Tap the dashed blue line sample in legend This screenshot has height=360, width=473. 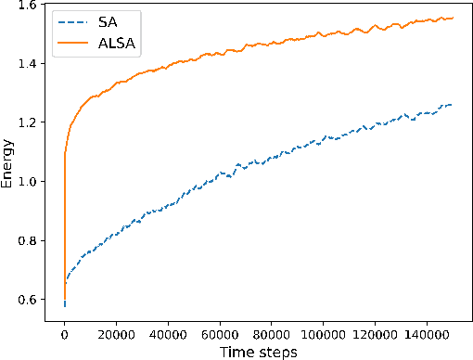tap(70, 19)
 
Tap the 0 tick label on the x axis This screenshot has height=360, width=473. tap(64, 330)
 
